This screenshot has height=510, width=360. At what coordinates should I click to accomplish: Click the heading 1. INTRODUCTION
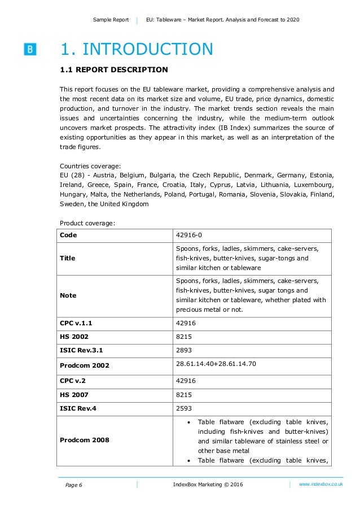click(x=137, y=49)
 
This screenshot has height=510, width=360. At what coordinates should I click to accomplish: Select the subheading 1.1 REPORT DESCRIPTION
click(x=113, y=70)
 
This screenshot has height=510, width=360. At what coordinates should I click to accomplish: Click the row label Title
click(x=67, y=258)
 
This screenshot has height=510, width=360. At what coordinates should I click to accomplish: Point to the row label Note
click(x=68, y=295)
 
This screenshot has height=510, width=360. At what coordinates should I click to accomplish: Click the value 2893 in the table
click(x=184, y=350)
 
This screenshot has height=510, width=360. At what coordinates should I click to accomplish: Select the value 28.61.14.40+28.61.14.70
click(x=216, y=364)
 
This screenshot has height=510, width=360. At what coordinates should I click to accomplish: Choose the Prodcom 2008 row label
click(x=85, y=439)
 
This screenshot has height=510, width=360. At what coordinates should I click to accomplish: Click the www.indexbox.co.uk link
click(x=321, y=485)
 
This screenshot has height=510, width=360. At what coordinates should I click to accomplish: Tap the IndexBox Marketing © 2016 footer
click(x=208, y=485)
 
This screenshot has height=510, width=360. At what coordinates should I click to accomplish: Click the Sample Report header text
click(x=111, y=20)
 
